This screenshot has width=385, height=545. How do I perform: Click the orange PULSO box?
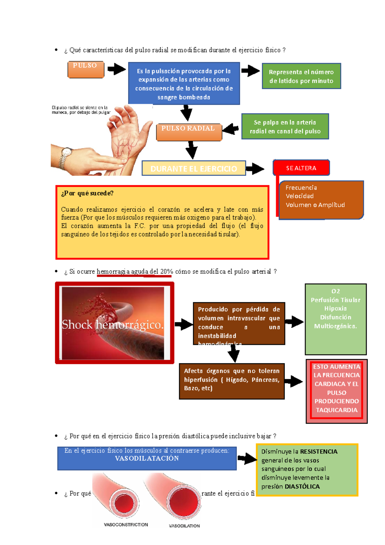[86, 69]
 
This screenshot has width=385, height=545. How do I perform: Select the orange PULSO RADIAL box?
[189, 132]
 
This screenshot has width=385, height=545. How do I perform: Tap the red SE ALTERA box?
[301, 168]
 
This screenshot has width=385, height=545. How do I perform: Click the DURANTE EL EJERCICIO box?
[193, 168]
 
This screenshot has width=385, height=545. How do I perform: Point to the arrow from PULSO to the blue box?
[116, 69]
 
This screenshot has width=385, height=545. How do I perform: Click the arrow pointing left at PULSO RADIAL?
[230, 129]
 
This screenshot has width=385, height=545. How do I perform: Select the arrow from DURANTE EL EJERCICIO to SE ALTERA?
[255, 168]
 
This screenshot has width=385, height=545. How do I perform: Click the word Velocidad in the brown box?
[300, 196]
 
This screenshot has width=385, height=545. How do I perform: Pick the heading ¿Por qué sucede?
[87, 193]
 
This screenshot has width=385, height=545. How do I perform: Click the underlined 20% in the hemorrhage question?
[167, 272]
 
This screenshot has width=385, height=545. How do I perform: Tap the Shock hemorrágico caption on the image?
[113, 324]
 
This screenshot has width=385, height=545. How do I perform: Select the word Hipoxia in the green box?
[335, 308]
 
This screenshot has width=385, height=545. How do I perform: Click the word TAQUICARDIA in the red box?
[337, 410]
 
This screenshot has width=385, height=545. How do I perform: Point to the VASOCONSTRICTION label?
[126, 524]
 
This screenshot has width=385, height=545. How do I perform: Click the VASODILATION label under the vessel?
[184, 526]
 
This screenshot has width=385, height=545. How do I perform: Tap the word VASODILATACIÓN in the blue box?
[147, 458]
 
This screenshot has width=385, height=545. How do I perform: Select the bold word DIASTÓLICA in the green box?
[302, 486]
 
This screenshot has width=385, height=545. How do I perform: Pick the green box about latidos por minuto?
[301, 76]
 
